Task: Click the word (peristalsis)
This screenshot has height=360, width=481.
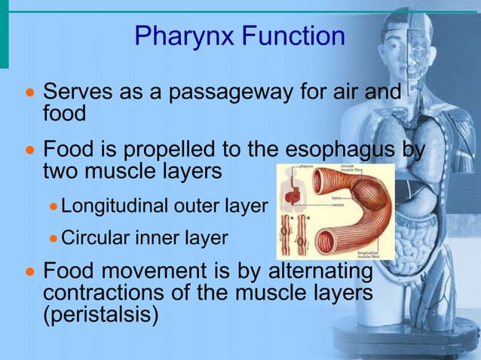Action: pos(100,314)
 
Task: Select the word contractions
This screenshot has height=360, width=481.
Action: pos(110,292)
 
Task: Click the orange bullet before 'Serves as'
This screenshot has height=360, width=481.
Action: pos(30,94)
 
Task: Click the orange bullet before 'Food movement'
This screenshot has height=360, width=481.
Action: pos(30,272)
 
